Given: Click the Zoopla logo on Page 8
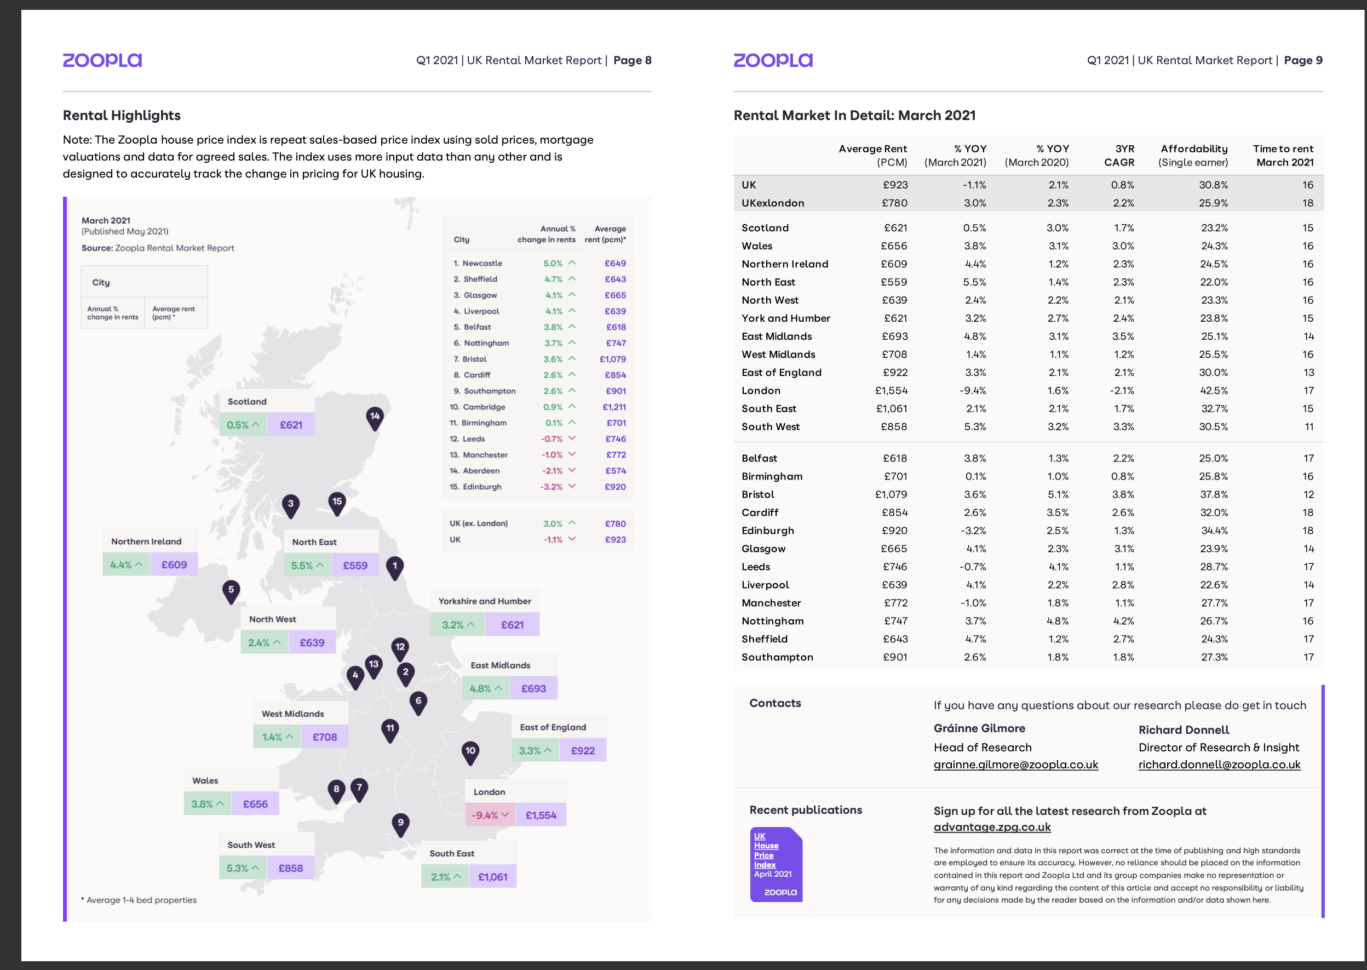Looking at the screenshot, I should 102,60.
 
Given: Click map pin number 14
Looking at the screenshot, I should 374,418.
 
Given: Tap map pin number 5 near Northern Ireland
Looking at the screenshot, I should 231,590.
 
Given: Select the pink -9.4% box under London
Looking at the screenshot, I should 490,815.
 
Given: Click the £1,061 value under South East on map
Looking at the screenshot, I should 492,877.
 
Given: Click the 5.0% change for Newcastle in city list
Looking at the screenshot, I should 553,264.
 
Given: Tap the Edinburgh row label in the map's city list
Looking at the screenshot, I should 482,487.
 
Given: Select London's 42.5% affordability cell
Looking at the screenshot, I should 1214,391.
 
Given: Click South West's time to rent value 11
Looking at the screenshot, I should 1308,426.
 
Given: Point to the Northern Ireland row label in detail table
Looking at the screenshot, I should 784,264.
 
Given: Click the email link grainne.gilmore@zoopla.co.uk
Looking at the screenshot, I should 1015,764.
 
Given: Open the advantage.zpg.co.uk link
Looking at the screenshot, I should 991,828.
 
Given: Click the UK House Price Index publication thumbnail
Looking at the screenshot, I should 776,864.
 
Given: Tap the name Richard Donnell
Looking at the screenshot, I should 1183,730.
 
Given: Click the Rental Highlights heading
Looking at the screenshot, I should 122,115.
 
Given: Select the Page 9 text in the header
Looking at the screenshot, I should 1302,60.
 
